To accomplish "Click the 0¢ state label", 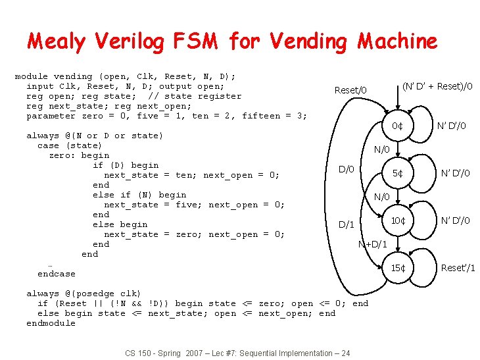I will click(397, 126).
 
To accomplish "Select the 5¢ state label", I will click(397, 174).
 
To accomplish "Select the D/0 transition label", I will click(346, 170).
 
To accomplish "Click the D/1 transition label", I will click(346, 225).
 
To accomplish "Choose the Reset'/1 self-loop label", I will click(458, 268).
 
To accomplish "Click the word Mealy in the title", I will click(56, 41).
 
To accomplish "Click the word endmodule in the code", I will click(51, 323).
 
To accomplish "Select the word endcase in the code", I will click(56, 274).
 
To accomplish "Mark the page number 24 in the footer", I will click(345, 353).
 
